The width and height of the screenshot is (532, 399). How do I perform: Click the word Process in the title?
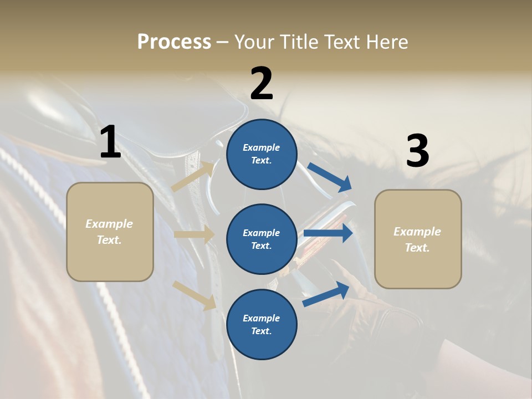pos(174,42)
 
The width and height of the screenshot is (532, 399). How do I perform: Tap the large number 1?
pos(110,142)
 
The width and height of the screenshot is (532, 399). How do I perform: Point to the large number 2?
pos(262,84)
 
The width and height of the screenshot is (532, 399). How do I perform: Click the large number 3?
pos(417,151)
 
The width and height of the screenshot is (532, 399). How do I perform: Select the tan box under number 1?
pos(110,231)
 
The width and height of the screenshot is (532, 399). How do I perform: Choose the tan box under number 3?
pos(418,239)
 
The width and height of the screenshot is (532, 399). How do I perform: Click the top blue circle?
pos(262,154)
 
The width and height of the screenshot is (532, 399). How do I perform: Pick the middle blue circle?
pos(262,239)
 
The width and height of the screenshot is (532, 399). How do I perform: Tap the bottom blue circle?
pos(262,325)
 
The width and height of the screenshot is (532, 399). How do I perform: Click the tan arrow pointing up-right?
pos(193,177)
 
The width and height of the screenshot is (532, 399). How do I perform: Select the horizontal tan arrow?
pos(194,234)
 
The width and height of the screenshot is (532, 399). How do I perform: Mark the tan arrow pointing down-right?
pos(195,295)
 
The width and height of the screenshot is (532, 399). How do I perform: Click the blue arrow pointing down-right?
pos(330,177)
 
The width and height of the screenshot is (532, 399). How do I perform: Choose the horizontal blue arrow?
pos(328,233)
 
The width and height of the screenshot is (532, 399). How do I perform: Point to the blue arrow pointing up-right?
pos(326,294)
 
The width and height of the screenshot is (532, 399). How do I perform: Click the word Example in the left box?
pos(109,224)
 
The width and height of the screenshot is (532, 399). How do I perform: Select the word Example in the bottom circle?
pos(261,318)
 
